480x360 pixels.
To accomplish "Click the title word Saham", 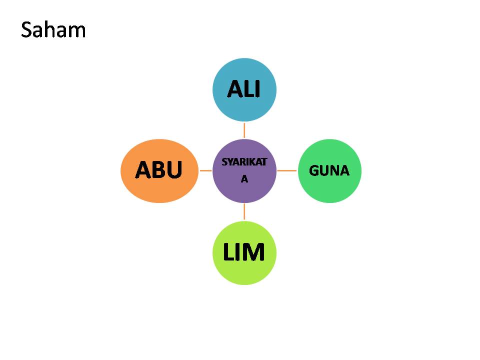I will (x=53, y=30).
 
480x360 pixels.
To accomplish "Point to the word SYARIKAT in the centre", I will (x=244, y=162).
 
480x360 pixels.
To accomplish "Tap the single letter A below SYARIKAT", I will (x=244, y=179).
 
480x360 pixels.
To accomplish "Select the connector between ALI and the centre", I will (x=244, y=130).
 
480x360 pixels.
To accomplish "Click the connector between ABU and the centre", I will (x=205, y=170).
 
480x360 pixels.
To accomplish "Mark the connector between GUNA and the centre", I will (x=287, y=170).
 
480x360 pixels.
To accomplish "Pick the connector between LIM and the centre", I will (x=244, y=211).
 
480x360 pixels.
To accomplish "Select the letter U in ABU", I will (x=173, y=170).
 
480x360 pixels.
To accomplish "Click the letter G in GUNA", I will (x=314, y=171).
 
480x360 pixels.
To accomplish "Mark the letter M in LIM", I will (x=254, y=253).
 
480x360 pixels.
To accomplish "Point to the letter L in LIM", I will (x=228, y=253).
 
